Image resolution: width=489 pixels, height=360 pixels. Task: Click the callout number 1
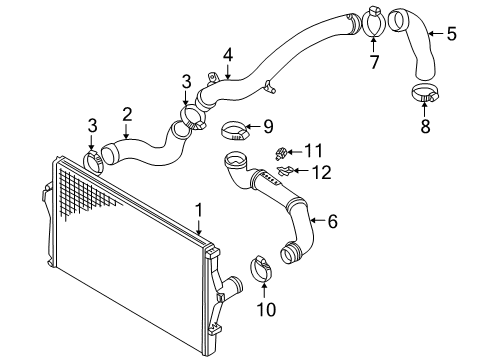coord(199,211)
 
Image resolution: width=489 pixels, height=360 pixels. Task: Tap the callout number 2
coord(127,114)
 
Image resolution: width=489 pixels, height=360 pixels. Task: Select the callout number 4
coord(228,55)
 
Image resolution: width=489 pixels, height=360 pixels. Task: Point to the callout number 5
coord(452,34)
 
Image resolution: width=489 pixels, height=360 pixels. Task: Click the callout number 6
coord(333,221)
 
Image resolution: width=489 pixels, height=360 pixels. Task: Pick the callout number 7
coord(374,62)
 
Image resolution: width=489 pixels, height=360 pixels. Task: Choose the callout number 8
coord(425,127)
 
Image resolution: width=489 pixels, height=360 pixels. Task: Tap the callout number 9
coord(268,127)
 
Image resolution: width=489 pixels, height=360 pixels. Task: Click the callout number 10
coord(266,310)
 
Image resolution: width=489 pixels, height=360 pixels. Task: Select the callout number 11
coord(314,151)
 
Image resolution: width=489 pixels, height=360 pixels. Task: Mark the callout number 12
coord(322,172)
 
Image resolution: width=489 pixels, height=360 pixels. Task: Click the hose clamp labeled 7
coord(373,20)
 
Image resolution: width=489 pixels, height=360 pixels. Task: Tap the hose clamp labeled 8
coord(425,93)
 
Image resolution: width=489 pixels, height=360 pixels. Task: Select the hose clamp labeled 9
coord(235,132)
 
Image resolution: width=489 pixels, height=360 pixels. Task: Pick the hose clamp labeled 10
coord(261,269)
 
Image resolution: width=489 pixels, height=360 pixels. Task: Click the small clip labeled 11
coord(281,154)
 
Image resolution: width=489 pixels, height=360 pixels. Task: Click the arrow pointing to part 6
coord(318,220)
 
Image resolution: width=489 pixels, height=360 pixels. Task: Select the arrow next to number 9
coord(254,127)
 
